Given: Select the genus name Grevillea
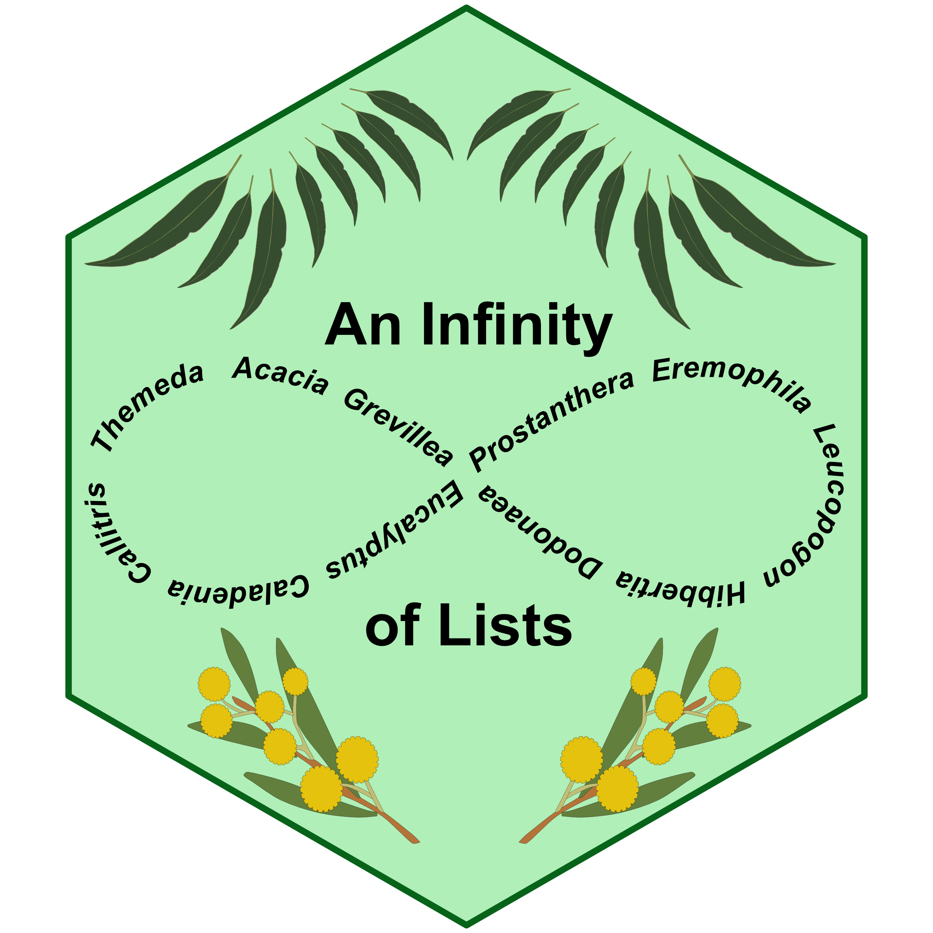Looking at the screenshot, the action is pos(398,427).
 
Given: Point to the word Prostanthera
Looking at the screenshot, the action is pos(550,420).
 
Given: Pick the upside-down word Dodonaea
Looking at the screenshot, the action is pos(541,531).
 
